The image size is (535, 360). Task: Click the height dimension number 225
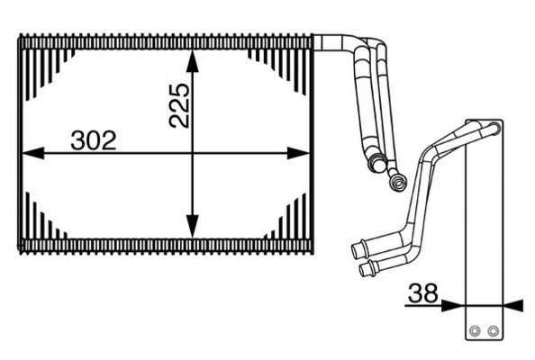tap(177, 106)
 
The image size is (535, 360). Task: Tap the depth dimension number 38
tap(423, 292)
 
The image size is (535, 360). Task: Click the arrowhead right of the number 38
tap(456, 305)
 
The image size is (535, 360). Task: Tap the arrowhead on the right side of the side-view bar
tap(512, 305)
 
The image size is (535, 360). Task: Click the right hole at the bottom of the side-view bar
tap(491, 331)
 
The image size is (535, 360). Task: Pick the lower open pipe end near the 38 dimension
tap(364, 268)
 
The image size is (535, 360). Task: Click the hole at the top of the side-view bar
tap(494, 129)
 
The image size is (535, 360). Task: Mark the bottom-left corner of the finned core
tap(21, 249)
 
